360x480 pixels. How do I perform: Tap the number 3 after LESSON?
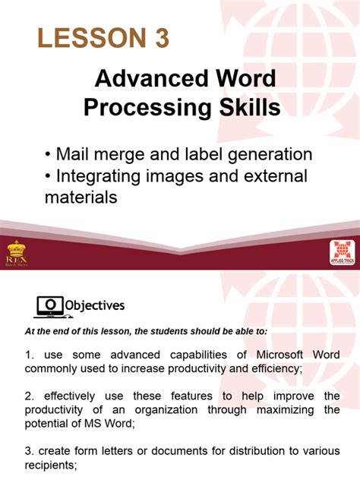coord(162,37)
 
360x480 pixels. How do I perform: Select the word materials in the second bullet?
coord(81,197)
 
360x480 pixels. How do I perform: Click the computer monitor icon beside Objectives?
coord(49,305)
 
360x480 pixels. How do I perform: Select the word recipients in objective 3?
coord(56,465)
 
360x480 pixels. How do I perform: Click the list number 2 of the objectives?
coord(28,396)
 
